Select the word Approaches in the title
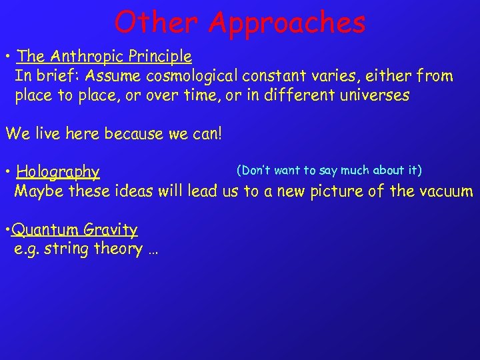[x=287, y=23]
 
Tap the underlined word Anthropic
[x=81, y=57]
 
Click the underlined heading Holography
[x=58, y=173]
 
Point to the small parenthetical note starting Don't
[x=329, y=170]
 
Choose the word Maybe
[x=36, y=192]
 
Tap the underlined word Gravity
[x=111, y=231]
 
